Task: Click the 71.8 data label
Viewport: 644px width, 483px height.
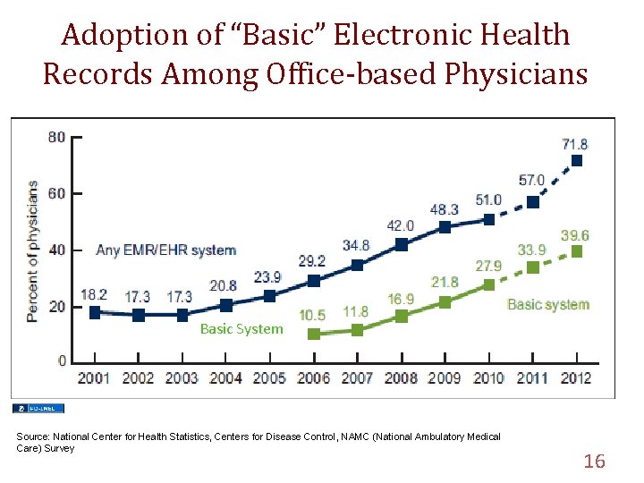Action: [574, 144]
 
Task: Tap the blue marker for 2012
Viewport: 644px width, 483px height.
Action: [577, 161]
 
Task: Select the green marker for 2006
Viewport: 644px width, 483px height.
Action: [313, 334]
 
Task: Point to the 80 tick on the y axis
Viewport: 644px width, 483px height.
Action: [56, 137]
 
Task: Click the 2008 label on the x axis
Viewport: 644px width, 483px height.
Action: [401, 378]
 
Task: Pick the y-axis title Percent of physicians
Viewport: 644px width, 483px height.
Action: [32, 250]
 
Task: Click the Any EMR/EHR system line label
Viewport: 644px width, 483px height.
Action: [166, 250]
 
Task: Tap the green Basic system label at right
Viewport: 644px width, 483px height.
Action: [548, 304]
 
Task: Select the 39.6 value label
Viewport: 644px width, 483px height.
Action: [574, 235]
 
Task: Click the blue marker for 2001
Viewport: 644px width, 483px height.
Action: [95, 312]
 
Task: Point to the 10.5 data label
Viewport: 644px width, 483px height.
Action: [312, 315]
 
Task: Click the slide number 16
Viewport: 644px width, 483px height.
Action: [594, 462]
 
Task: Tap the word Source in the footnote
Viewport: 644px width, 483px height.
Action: [33, 436]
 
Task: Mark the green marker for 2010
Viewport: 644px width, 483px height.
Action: [489, 284]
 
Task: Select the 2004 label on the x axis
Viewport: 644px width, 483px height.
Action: [225, 378]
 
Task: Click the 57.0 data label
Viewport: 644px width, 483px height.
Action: [532, 181]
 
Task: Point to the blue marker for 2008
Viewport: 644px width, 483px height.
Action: [401, 244]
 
